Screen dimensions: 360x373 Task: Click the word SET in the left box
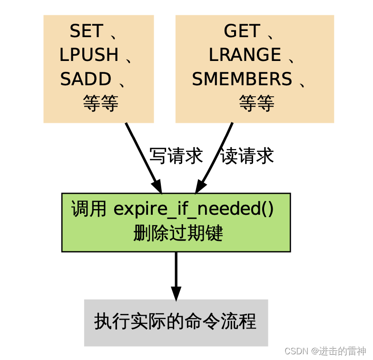click(x=86, y=31)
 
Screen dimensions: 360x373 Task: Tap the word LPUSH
click(x=89, y=55)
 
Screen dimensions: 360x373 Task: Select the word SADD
click(x=86, y=79)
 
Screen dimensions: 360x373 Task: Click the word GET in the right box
click(x=242, y=31)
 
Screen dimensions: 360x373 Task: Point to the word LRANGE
click(x=245, y=55)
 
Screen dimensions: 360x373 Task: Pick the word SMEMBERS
click(x=242, y=79)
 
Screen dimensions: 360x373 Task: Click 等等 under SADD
click(x=100, y=103)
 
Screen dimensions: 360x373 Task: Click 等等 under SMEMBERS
click(x=256, y=103)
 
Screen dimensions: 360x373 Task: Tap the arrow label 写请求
click(x=176, y=156)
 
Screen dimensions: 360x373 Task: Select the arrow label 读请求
click(x=247, y=156)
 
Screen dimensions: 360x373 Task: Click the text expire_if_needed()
click(x=194, y=210)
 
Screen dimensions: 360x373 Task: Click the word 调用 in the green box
click(x=89, y=210)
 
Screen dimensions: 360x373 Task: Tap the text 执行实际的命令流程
click(x=175, y=322)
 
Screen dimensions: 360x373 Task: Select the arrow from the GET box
click(x=216, y=155)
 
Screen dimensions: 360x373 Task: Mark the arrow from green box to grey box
click(x=176, y=271)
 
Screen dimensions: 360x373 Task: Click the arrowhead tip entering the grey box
click(x=176, y=298)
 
